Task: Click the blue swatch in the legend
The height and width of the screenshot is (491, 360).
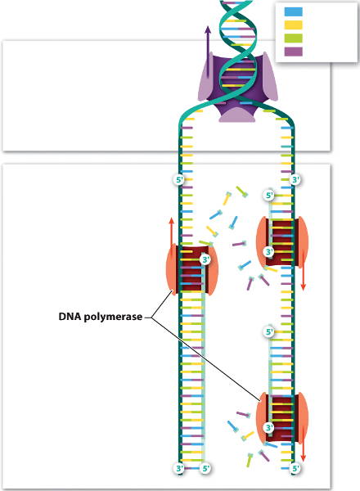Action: [294, 12]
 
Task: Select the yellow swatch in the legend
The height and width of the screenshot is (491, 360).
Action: [294, 25]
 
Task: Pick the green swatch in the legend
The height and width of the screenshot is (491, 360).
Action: [294, 38]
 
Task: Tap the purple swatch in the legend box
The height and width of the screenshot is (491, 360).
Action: [294, 52]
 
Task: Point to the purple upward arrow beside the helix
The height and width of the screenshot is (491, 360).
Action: [208, 52]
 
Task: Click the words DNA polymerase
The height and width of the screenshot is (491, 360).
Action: [101, 317]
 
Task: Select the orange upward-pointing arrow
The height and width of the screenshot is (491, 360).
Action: [171, 232]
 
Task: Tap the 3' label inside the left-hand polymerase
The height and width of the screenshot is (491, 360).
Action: [205, 259]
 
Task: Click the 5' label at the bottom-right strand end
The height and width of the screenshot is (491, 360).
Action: [295, 468]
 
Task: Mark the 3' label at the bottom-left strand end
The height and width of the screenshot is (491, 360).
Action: [179, 468]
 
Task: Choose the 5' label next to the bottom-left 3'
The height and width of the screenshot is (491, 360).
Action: [205, 468]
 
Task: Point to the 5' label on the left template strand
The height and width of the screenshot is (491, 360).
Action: [179, 180]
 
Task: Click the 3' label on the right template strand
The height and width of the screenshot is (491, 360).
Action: [295, 180]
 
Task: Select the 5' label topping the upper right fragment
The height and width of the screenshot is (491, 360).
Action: [269, 196]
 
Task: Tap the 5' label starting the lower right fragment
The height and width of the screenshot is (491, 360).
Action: [269, 331]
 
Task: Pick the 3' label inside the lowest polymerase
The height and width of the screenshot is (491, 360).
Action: [268, 427]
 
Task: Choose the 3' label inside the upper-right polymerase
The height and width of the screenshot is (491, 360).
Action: [268, 251]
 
